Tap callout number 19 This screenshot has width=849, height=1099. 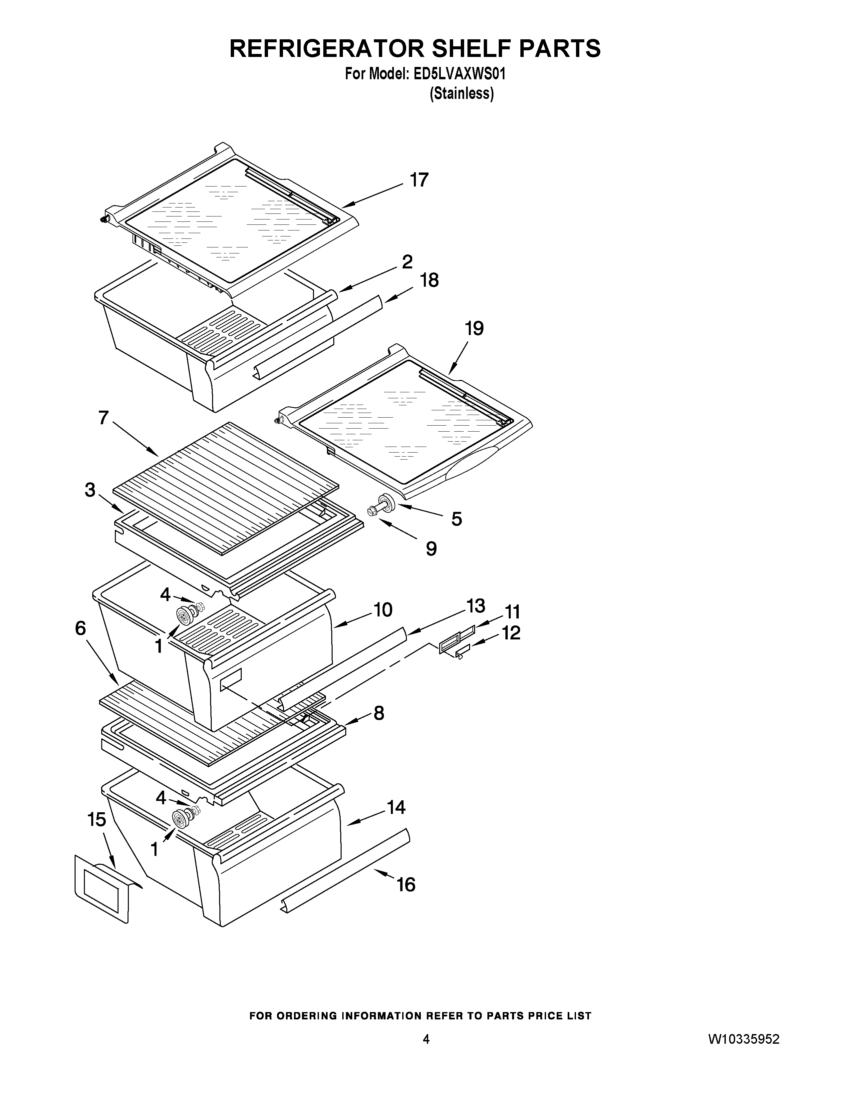coord(474,329)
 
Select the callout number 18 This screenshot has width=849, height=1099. coord(429,280)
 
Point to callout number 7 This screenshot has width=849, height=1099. coord(104,418)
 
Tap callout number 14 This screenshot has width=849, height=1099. coord(396,808)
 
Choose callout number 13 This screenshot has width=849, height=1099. coord(475,606)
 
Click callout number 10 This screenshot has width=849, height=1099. coord(383,610)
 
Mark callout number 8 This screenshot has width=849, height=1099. coord(378,713)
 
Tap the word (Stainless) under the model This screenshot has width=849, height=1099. coord(461,94)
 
